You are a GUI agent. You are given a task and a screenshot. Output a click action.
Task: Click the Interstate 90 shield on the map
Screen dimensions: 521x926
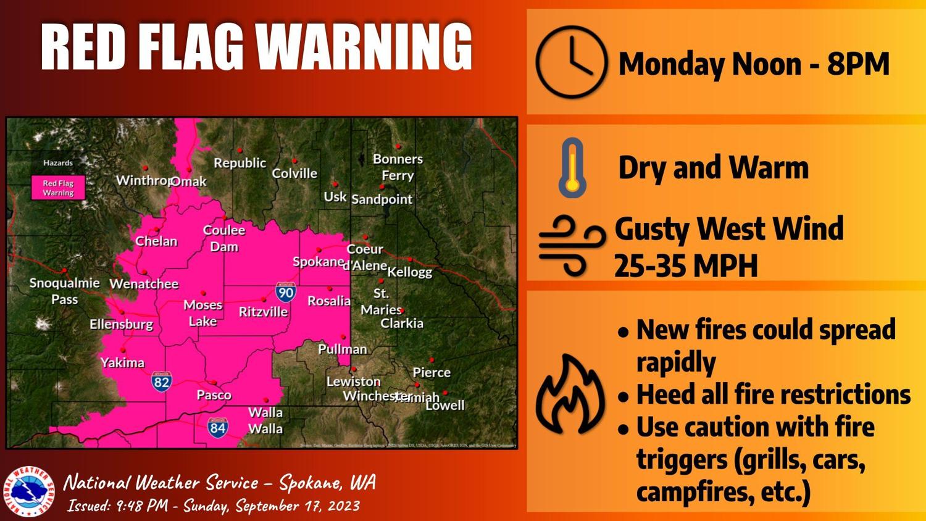coord(285,291)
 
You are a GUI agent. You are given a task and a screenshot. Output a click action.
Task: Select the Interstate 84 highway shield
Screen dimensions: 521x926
coord(217,427)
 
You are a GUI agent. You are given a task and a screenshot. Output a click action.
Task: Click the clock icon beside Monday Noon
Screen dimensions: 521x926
coord(571,62)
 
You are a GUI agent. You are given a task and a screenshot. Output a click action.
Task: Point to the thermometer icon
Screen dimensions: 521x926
coord(573,168)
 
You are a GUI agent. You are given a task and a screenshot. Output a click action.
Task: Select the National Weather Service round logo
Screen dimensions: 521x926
coord(29,491)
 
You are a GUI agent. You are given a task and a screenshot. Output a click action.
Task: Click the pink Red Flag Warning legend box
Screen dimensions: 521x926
coord(58,188)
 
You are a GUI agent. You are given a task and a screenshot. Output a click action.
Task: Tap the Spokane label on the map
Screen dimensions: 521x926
coord(318,262)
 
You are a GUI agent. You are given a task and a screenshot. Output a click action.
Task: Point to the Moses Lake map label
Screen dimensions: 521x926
coord(202,313)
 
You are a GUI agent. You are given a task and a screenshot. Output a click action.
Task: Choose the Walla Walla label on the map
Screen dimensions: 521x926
coord(265,420)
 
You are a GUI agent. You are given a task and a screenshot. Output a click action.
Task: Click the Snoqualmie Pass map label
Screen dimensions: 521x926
coord(64,291)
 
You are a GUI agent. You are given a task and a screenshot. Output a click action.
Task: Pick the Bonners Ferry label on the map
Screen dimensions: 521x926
coord(398,167)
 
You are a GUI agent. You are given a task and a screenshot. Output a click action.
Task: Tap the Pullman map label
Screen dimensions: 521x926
coord(342,349)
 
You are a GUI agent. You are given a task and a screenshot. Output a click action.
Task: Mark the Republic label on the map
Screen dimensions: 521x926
coord(240,163)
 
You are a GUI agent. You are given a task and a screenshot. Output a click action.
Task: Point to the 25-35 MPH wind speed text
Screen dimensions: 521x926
coord(685,266)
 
